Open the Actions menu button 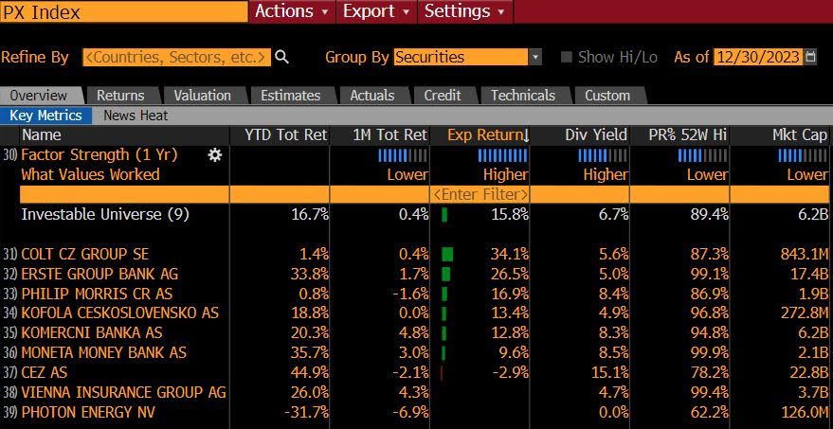[x=292, y=11]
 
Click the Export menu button [x=376, y=11]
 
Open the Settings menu [x=464, y=11]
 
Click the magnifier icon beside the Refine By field [x=281, y=57]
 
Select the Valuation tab [x=202, y=95]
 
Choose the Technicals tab [x=523, y=95]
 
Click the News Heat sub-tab [x=136, y=115]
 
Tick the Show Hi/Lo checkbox [x=567, y=57]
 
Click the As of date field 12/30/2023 [x=757, y=57]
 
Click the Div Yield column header [x=596, y=134]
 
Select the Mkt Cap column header [x=800, y=134]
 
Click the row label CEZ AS [x=45, y=372]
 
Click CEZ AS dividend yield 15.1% [x=607, y=372]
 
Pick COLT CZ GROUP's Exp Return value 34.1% [x=505, y=254]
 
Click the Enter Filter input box [x=480, y=193]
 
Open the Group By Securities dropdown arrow [x=535, y=57]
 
